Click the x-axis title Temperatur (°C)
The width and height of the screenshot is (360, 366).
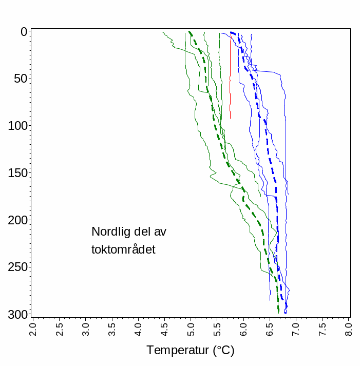click(191, 351)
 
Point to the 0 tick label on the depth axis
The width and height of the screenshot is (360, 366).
click(24, 32)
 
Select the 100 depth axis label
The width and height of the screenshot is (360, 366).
click(17, 126)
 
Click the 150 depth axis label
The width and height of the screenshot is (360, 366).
click(17, 173)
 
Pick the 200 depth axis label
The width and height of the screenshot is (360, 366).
click(17, 220)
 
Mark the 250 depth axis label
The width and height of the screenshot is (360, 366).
click(17, 267)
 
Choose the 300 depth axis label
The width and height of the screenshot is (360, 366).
click(17, 314)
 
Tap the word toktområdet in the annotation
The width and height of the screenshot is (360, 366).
click(123, 250)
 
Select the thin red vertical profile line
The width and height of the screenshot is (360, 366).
click(230, 77)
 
